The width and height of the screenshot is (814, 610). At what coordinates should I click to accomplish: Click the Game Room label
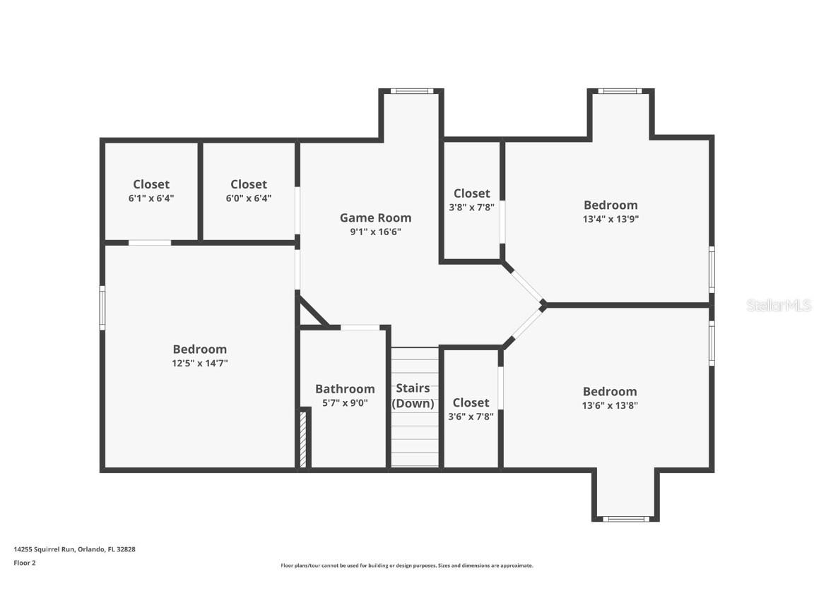click(375, 218)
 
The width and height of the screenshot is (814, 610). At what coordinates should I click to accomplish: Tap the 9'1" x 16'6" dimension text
click(375, 232)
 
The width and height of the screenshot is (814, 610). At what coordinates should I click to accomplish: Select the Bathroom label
click(345, 389)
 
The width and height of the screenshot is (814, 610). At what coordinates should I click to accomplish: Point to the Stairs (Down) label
click(413, 396)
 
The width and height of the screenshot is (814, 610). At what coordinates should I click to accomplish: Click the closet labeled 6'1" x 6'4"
click(151, 191)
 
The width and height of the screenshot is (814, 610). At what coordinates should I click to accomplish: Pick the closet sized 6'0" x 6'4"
click(249, 191)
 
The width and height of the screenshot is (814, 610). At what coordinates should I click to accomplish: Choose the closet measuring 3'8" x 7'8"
click(471, 200)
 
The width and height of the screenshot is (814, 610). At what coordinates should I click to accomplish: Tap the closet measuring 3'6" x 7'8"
click(471, 409)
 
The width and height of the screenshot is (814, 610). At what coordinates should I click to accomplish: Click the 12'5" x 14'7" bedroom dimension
click(200, 363)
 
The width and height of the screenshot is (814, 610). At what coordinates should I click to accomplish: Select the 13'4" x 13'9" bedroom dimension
click(610, 219)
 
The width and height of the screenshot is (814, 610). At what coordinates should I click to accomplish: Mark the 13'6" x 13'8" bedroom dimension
click(610, 406)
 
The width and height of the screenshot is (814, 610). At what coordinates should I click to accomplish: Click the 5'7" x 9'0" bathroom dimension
click(345, 402)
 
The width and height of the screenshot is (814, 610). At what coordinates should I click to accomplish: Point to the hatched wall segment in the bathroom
click(303, 439)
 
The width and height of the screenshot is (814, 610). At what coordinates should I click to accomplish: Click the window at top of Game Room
click(412, 91)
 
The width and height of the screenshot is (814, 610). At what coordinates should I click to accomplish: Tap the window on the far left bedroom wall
click(102, 307)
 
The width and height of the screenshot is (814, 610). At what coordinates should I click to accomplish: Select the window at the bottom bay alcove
click(625, 519)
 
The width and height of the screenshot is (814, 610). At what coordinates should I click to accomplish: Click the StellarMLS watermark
click(779, 305)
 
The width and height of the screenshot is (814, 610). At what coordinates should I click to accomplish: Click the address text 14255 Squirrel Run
click(45, 549)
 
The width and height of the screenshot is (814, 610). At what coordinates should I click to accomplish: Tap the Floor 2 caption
click(25, 563)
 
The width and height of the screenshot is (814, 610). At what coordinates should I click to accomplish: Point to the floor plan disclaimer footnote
click(407, 566)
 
